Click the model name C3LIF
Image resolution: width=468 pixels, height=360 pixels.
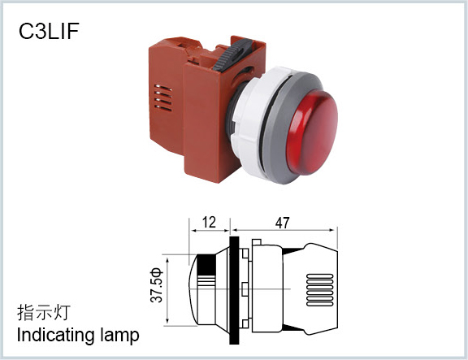coord(49,31)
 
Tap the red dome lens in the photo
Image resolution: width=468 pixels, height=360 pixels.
coord(312,132)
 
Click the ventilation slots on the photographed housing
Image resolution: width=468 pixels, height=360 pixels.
coord(163,98)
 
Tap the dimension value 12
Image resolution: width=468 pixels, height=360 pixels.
coord(209,223)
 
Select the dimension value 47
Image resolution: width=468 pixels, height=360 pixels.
coord(283,223)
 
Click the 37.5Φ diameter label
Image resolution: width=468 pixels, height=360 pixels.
coord(157,285)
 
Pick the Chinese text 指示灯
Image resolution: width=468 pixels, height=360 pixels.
coord(44,313)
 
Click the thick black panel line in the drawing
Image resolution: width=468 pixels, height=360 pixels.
coord(234,290)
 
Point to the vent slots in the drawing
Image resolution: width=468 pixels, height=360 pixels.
coord(319,290)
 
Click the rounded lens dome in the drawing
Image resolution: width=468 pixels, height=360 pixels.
coord(193,289)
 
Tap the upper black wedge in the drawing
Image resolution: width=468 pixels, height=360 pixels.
coord(293,251)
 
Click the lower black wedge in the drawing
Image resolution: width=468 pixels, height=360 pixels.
coord(293,328)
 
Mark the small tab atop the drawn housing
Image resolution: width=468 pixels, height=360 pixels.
coord(257,242)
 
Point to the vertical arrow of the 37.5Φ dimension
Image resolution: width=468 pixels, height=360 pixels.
coord(167,291)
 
